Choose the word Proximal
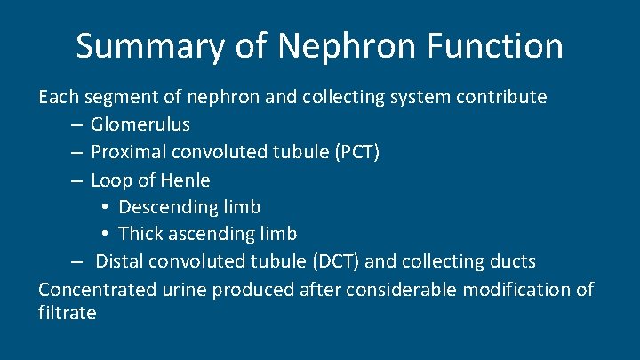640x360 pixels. click(129, 152)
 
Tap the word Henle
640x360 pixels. click(186, 180)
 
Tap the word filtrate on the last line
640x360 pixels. click(67, 314)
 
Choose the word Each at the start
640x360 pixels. click(57, 96)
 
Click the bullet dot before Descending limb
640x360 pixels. click(104, 208)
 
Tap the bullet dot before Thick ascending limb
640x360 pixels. click(104, 236)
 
